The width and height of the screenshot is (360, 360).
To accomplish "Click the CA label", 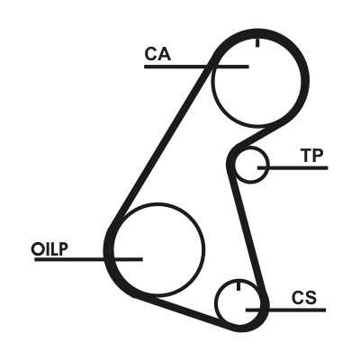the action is click(157, 54).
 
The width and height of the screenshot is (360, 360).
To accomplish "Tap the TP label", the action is click(312, 156).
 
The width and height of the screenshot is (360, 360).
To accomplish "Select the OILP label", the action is click(49, 249).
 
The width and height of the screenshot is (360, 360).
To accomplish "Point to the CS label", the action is click(304, 298).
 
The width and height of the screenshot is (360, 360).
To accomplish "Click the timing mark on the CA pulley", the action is click(257, 43).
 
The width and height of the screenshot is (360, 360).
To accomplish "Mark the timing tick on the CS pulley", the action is click(238, 286).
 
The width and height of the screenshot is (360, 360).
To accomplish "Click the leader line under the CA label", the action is click(196, 67).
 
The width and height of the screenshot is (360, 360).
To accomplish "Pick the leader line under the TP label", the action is click(292, 167).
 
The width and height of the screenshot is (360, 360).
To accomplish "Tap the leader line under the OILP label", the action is click(88, 259).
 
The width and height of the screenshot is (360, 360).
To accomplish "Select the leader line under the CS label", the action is click(286, 310).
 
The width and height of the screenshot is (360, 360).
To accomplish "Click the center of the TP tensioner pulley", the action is click(251, 166).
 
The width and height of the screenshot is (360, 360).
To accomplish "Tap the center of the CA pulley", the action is click(256, 80).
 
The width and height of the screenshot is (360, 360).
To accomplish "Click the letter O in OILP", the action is click(37, 249).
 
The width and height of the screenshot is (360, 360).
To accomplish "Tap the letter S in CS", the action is click(310, 298).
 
